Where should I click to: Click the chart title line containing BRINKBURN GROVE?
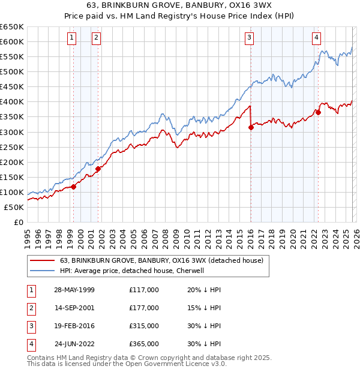point(180,5)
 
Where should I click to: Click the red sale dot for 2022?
point(318,112)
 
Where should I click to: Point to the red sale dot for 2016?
point(251,127)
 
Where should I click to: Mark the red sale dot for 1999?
point(74,187)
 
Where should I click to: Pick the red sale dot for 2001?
point(98,169)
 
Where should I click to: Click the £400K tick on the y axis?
point(11,102)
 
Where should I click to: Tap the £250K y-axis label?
point(11,147)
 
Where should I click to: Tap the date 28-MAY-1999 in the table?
point(74,290)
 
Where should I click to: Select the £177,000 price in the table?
point(144,308)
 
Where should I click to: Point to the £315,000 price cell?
point(144,326)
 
